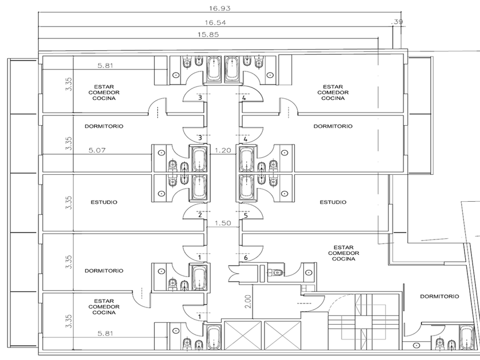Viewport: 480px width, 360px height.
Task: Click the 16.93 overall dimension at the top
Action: pos(219,8)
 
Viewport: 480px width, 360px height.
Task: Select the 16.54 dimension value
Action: pos(215,23)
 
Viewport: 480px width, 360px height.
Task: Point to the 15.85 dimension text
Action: pos(208,35)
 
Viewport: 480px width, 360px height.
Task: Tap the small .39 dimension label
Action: pos(397,22)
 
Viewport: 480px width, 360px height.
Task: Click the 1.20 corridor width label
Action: pos(222,150)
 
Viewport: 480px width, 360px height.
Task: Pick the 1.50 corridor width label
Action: pos(222,223)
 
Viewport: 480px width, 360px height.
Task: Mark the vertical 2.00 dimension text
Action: pos(248,302)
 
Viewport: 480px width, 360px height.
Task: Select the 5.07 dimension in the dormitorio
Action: pos(97,150)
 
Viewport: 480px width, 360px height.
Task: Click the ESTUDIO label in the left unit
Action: pos(104,202)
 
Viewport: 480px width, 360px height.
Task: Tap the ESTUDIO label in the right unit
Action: pos(333,202)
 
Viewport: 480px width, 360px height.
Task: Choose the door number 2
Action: pos(200,215)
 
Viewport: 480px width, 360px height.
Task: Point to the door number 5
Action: pos(246,215)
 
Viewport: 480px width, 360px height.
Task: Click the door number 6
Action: pos(246,258)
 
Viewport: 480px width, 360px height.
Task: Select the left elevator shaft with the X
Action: pos(243,335)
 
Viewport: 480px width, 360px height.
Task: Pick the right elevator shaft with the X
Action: pos(282,335)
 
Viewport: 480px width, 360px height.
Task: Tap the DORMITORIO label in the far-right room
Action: pos(439,297)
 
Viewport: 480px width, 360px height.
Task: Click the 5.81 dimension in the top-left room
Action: pos(105,66)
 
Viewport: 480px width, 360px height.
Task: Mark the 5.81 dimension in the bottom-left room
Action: pos(105,333)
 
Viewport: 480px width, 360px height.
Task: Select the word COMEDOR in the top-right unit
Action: pos(333,93)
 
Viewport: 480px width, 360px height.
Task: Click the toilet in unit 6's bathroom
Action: pos(277,272)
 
